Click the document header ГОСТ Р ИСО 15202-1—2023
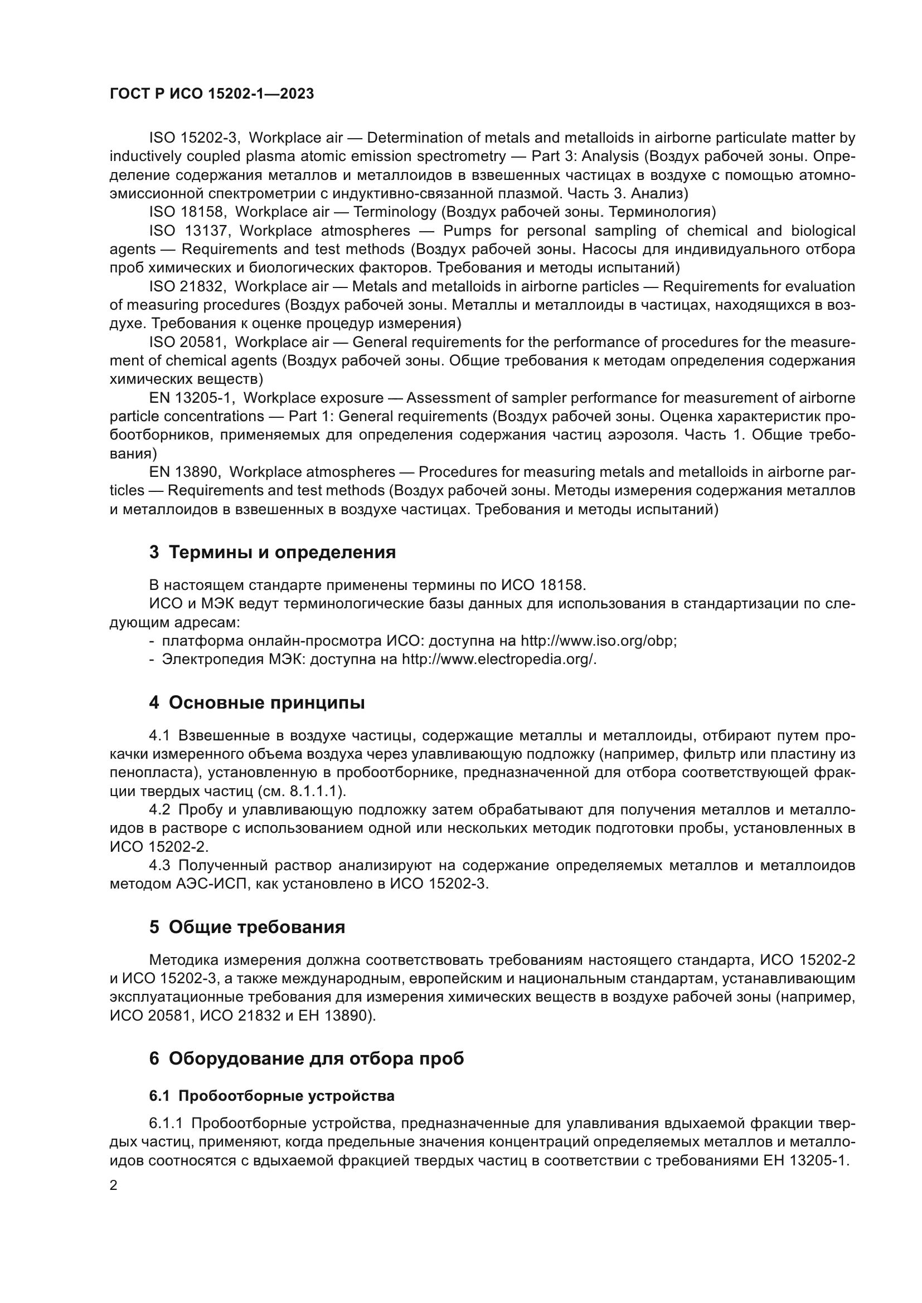(x=211, y=94)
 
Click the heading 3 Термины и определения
(x=273, y=552)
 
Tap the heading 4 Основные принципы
(x=256, y=702)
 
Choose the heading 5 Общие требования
(x=247, y=928)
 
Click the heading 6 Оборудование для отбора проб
(x=307, y=1058)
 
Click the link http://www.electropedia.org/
(x=499, y=660)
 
